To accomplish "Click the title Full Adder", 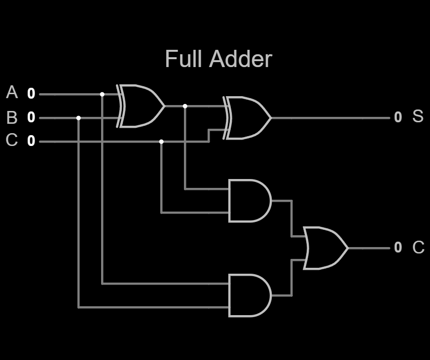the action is pyautogui.click(x=218, y=59).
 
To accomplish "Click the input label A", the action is pyautogui.click(x=12, y=92).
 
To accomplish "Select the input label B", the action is pyautogui.click(x=12, y=118).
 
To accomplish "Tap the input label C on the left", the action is pyautogui.click(x=12, y=140).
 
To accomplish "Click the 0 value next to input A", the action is pyautogui.click(x=31, y=94).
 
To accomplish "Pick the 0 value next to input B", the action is pyautogui.click(x=31, y=117).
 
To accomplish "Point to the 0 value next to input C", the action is pyautogui.click(x=31, y=141).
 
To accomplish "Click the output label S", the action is pyautogui.click(x=418, y=116).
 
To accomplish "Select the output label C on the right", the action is pyautogui.click(x=419, y=247).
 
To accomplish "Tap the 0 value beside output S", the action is pyautogui.click(x=398, y=117).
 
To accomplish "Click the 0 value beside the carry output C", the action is pyautogui.click(x=398, y=247).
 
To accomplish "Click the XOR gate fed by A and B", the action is pyautogui.click(x=141, y=106).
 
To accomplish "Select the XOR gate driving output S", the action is pyautogui.click(x=247, y=118).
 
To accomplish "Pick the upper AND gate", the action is pyautogui.click(x=250, y=201).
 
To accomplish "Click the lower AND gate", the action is pyautogui.click(x=250, y=295).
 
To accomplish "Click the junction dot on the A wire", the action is pyautogui.click(x=102, y=94).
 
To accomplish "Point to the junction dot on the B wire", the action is pyautogui.click(x=78, y=118).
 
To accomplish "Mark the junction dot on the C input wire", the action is pyautogui.click(x=161, y=142).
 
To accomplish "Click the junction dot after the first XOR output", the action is pyautogui.click(x=185, y=106).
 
